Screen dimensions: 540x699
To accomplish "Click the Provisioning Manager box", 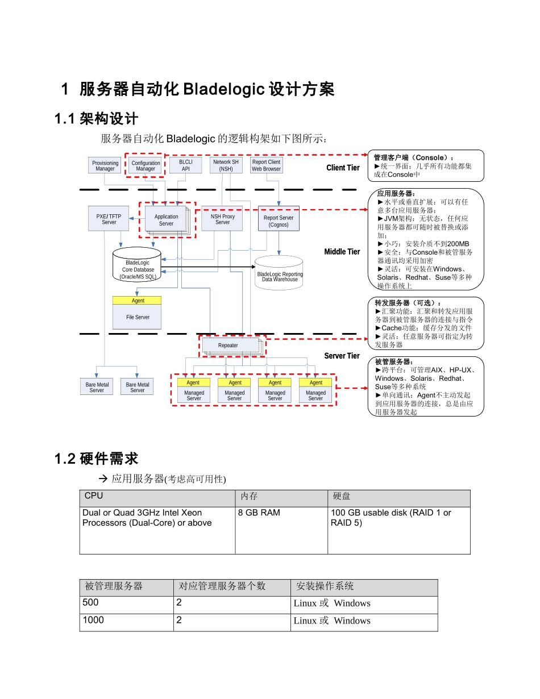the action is point(105,165).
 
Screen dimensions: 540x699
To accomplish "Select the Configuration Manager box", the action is point(146,165).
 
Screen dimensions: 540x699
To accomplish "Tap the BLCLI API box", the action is point(186,165).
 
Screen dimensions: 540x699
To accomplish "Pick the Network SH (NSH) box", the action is point(226,165).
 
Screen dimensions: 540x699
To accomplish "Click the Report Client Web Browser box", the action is point(267,165).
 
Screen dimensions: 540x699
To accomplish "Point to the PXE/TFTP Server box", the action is point(109,219).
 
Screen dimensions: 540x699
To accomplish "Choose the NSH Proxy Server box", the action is point(222,219).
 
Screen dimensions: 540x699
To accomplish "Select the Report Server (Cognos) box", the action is point(279,221).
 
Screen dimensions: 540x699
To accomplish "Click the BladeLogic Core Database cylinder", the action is point(138,266).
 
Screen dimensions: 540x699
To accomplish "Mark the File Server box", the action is point(138,317).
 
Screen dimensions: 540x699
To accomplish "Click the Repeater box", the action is point(228,345).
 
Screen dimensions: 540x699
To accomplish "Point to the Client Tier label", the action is point(343,168).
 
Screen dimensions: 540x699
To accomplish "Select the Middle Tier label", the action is point(342,252).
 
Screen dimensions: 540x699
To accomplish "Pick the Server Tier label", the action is point(342,356).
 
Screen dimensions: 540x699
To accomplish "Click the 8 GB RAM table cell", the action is point(259,513).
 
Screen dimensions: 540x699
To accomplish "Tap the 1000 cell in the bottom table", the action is point(93,620).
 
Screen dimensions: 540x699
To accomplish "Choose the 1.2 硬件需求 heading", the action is point(96,459).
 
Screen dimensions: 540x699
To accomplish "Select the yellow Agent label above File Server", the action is point(138,300).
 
